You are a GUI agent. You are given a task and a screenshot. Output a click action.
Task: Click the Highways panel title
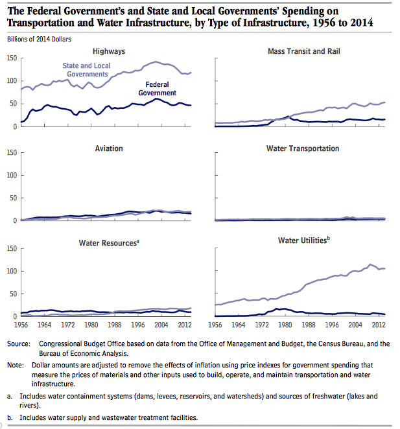pyautogui.click(x=109, y=51)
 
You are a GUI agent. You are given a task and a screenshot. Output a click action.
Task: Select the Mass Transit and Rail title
pyautogui.click(x=304, y=51)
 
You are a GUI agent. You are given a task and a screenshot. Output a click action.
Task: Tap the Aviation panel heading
pyautogui.click(x=109, y=148)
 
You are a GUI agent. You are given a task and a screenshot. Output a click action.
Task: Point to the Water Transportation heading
pyautogui.click(x=303, y=148)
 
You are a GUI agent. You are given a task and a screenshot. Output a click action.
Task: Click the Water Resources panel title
pyautogui.click(x=109, y=243)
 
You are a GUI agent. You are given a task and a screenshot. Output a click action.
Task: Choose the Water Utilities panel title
pyautogui.click(x=304, y=240)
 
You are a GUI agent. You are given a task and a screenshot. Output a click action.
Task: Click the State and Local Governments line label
pyautogui.click(x=86, y=70)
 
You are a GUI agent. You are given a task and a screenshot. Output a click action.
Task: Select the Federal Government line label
pyautogui.click(x=157, y=89)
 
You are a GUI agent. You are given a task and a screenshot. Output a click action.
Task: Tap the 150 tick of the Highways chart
pyautogui.click(x=12, y=58)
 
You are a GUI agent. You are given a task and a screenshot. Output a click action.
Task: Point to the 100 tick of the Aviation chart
pyautogui.click(x=12, y=175)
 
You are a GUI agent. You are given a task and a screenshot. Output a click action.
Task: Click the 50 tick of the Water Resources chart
pyautogui.click(x=14, y=294)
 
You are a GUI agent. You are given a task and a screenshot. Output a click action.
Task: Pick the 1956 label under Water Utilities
pyautogui.click(x=215, y=325)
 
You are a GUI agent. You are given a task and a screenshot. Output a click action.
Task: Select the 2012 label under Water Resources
pyautogui.click(x=185, y=325)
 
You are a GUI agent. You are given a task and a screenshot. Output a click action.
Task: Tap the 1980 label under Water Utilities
pyautogui.click(x=285, y=325)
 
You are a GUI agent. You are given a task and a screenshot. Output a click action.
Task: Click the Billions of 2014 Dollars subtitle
pyautogui.click(x=39, y=40)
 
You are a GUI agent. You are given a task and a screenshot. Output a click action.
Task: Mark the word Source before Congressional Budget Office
pyautogui.click(x=19, y=344)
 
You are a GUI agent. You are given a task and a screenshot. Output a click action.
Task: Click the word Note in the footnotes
pyautogui.click(x=16, y=365)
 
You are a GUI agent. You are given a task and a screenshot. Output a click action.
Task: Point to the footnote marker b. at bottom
pyautogui.click(x=10, y=418)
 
